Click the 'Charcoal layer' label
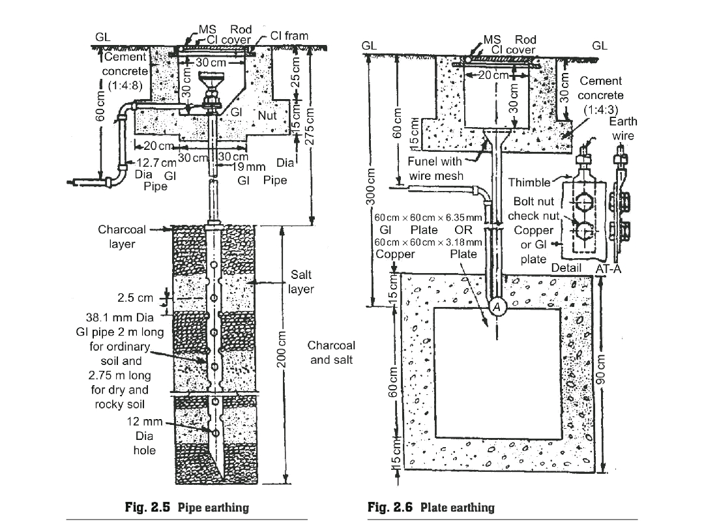click(x=122, y=237)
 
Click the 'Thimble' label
click(x=529, y=183)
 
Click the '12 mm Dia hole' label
click(x=145, y=436)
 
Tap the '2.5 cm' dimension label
click(x=135, y=298)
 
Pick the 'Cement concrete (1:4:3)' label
click(x=600, y=95)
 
